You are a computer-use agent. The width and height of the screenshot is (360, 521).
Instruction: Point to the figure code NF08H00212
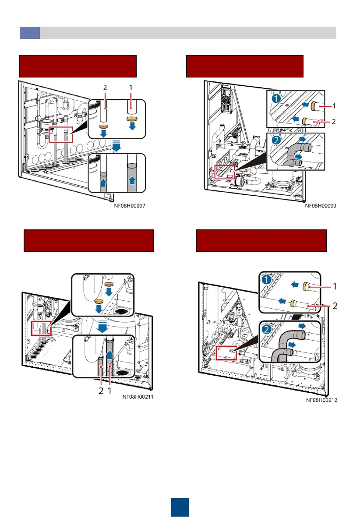click(x=321, y=400)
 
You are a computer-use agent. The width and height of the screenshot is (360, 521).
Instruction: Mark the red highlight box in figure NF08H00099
click(x=225, y=172)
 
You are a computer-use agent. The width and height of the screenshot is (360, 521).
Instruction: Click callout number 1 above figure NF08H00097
click(x=131, y=88)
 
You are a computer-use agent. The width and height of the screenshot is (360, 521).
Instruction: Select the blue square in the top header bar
click(x=30, y=33)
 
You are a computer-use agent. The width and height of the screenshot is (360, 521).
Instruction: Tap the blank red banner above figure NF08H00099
click(x=245, y=66)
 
